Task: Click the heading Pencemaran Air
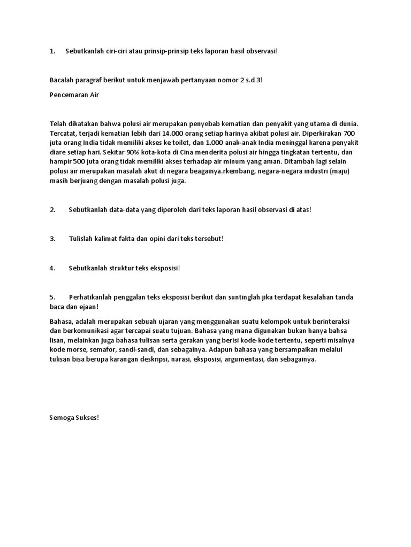pyautogui.click(x=74, y=95)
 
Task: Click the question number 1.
pyautogui.click(x=52, y=51)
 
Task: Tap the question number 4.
pyautogui.click(x=52, y=268)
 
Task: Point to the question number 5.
pyautogui.click(x=52, y=297)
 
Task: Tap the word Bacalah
pyautogui.click(x=62, y=80)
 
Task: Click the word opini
pyautogui.click(x=159, y=239)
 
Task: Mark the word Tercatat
pyautogui.click(x=63, y=133)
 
